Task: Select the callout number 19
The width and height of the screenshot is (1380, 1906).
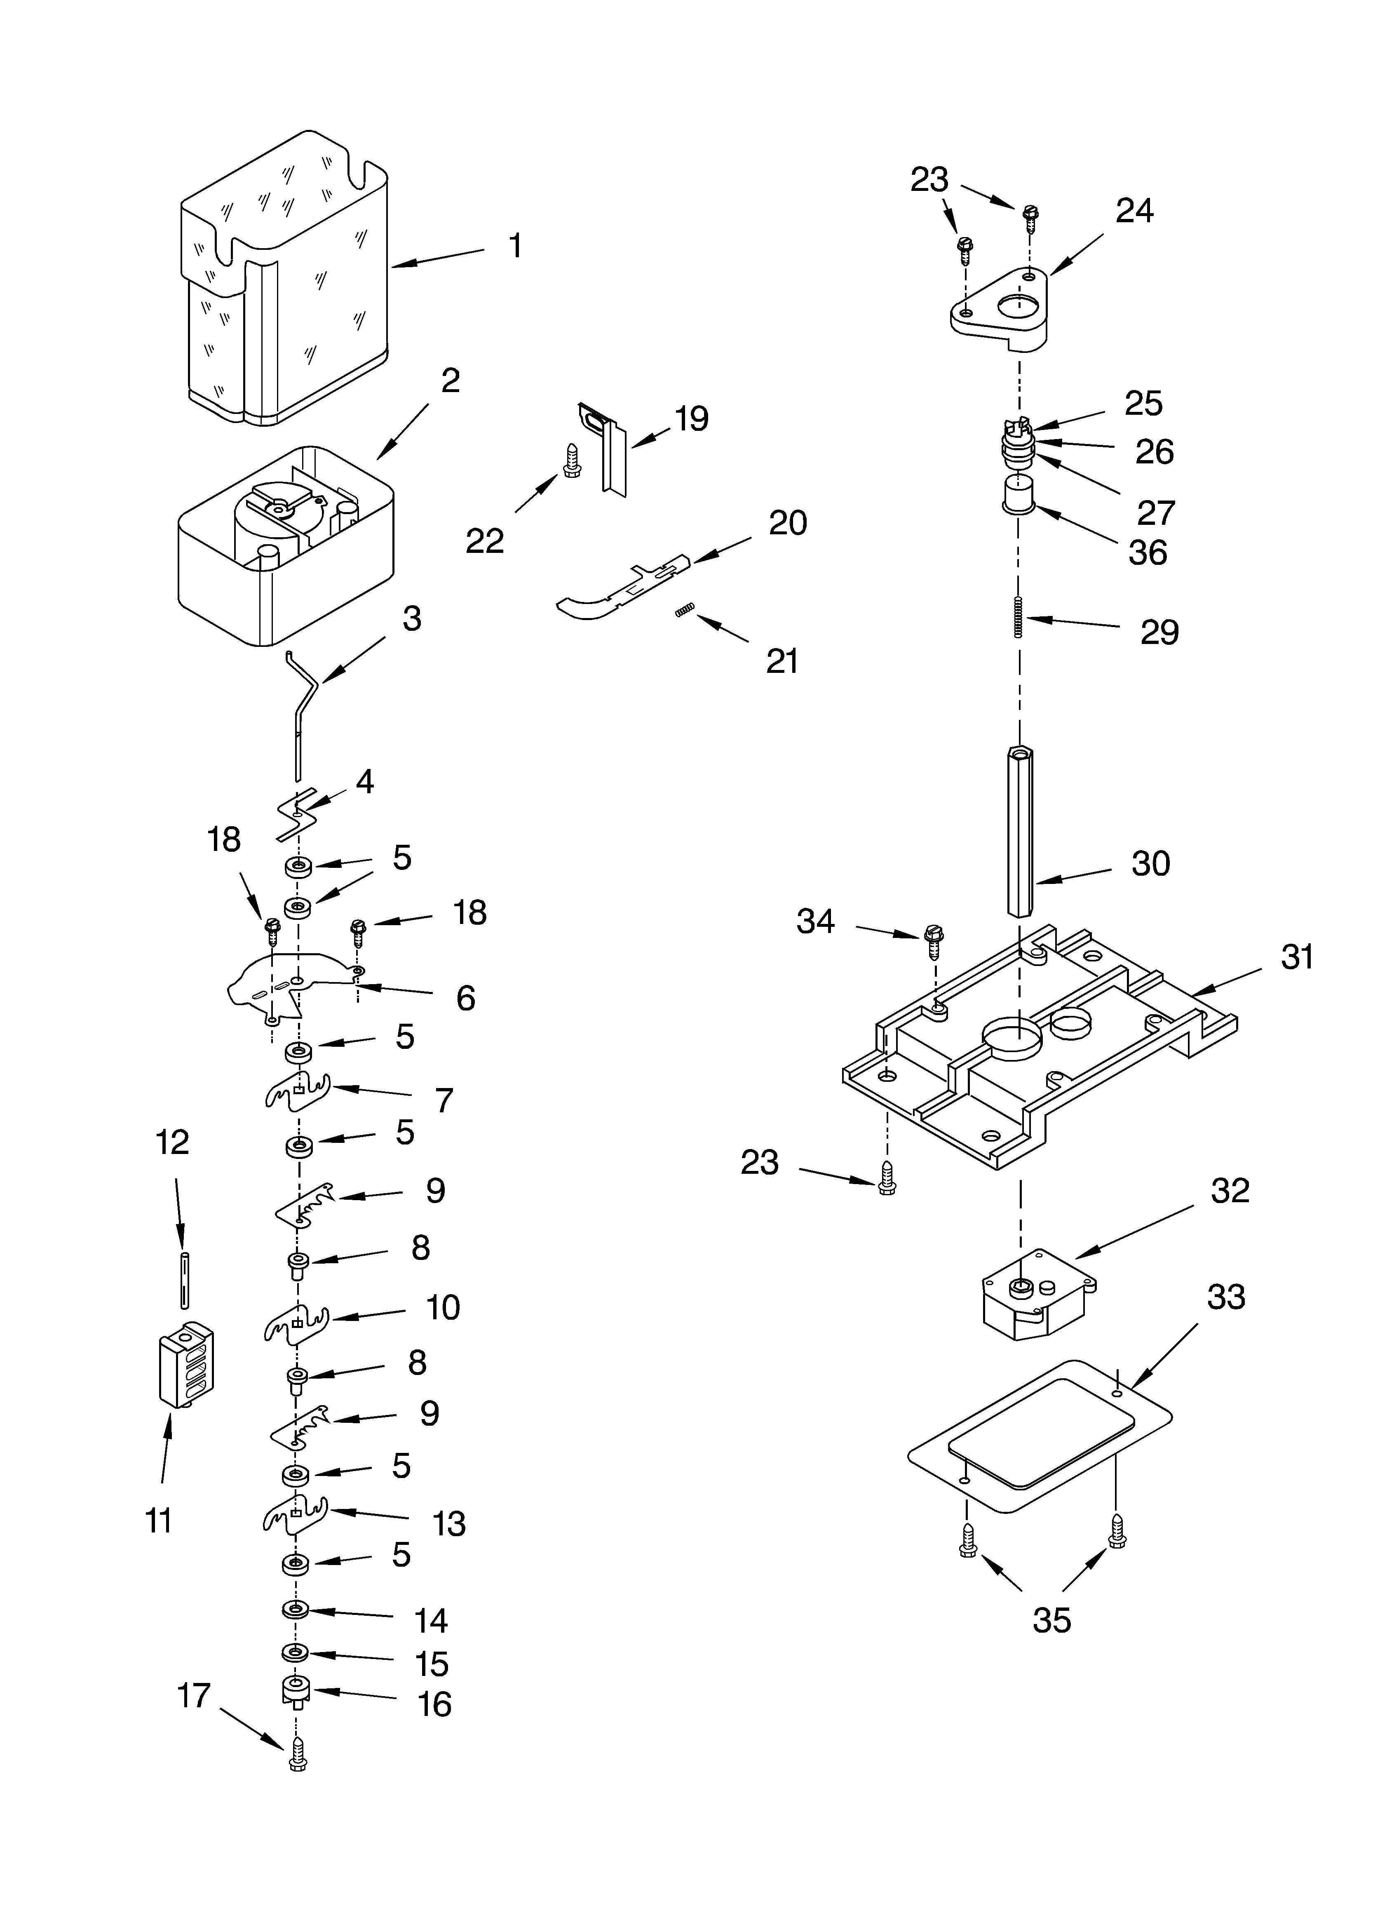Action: (691, 418)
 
